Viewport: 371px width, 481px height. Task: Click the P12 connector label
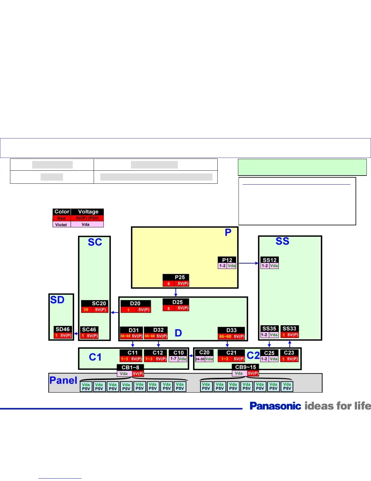227,260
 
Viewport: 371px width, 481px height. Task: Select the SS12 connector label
269,260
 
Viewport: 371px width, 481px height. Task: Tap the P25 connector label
179,277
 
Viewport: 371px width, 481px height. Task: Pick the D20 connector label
135,303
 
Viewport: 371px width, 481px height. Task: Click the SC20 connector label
99,303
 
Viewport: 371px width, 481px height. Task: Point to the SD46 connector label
62,329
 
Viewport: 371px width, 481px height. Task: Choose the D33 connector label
231,330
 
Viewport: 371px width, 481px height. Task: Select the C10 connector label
179,353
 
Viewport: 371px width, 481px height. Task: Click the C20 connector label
204,352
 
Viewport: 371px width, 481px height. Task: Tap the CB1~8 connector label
130,367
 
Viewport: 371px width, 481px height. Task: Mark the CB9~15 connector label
246,367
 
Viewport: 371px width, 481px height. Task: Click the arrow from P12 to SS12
248,263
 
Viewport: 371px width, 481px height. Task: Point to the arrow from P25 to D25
176,292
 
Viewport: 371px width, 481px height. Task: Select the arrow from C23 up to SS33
290,344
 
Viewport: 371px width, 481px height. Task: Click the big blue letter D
178,333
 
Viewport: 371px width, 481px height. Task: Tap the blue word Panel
63,380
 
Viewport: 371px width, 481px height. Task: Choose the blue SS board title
282,241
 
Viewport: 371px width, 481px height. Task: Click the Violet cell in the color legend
61,225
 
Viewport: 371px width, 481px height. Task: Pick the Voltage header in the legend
88,212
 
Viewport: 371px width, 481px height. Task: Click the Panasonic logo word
275,406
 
